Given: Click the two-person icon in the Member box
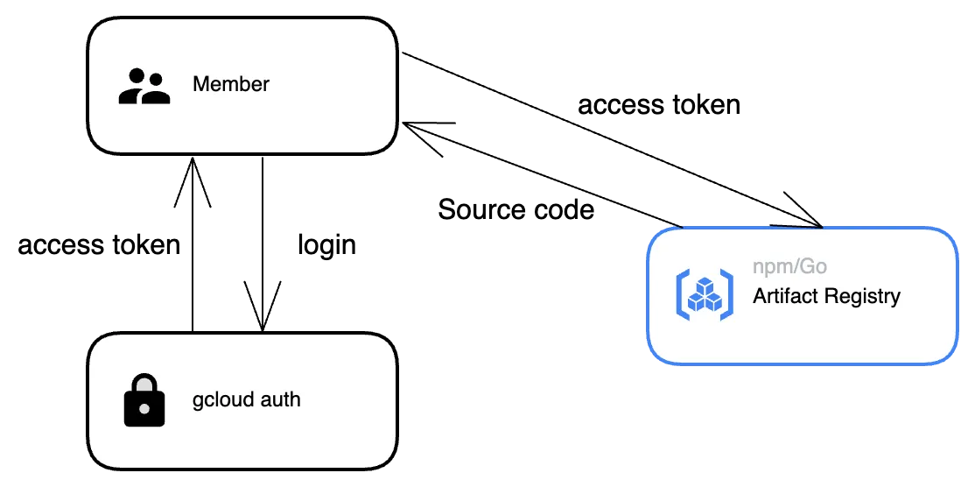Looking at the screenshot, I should pyautogui.click(x=144, y=86).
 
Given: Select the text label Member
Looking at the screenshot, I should pyautogui.click(x=231, y=85).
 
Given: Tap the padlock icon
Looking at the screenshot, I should pyautogui.click(x=144, y=401).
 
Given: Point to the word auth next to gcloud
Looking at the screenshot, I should pyautogui.click(x=281, y=400).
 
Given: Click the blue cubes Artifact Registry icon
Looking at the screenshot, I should pyautogui.click(x=704, y=293).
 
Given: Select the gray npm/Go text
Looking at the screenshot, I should pyautogui.click(x=789, y=266).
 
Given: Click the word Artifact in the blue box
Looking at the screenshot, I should pyautogui.click(x=784, y=296).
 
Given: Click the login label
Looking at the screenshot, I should pyautogui.click(x=326, y=244).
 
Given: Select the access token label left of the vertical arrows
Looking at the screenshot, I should pyautogui.click(x=99, y=244).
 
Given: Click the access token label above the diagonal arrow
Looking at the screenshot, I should pyautogui.click(x=659, y=105).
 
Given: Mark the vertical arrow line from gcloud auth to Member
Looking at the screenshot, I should pyautogui.click(x=193, y=263).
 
